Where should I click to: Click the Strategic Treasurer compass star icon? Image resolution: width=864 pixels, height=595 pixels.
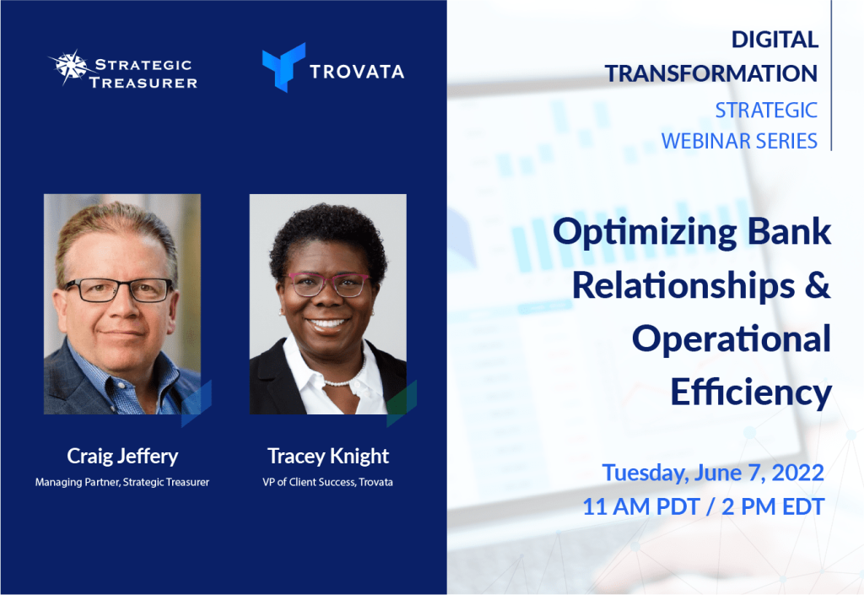click(x=71, y=67)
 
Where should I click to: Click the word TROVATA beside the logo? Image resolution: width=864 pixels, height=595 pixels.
click(x=357, y=72)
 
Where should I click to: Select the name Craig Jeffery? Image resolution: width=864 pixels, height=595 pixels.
click(x=122, y=456)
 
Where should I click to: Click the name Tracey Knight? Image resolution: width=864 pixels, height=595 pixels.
click(x=328, y=456)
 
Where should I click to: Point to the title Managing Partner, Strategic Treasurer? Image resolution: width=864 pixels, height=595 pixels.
click(x=122, y=482)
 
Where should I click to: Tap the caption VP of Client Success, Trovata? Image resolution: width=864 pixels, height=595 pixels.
click(x=328, y=482)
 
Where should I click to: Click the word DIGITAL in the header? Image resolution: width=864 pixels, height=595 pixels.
click(x=775, y=40)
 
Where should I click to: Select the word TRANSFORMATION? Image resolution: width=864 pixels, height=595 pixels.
click(x=711, y=73)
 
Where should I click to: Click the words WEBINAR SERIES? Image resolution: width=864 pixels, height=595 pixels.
click(x=739, y=141)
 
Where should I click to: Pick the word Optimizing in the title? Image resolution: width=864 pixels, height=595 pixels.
click(x=645, y=233)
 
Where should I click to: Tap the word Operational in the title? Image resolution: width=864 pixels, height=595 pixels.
click(x=732, y=339)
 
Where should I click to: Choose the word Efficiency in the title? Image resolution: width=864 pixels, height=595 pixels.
click(x=751, y=392)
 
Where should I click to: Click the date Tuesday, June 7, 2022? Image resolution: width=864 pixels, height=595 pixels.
click(x=713, y=473)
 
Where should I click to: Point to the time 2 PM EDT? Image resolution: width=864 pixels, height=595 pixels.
click(x=773, y=507)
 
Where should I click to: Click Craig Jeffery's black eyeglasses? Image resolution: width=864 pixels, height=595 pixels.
click(x=118, y=289)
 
